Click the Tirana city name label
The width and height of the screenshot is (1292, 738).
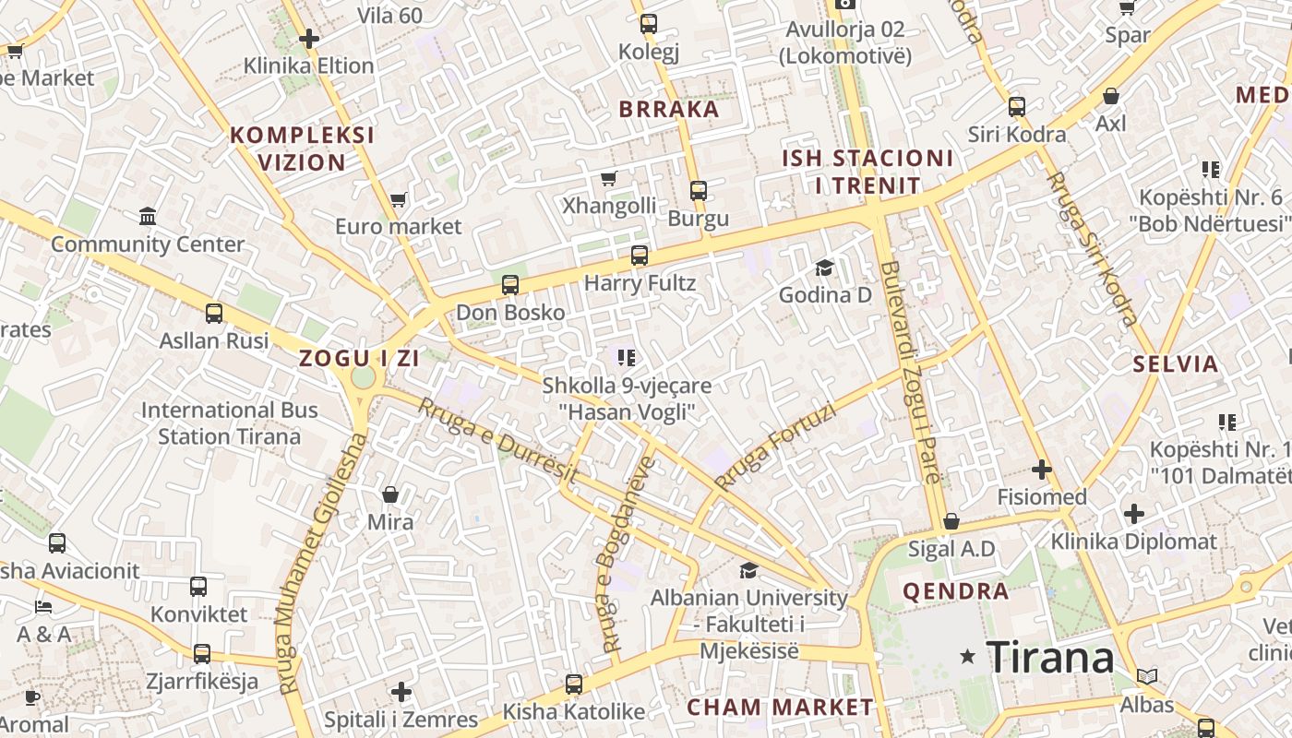point(1050,657)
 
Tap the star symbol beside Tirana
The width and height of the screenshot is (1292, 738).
point(968,657)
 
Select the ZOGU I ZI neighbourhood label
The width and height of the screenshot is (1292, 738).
point(359,359)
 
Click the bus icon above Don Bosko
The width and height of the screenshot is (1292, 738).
point(510,285)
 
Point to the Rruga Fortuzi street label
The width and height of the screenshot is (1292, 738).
point(773,446)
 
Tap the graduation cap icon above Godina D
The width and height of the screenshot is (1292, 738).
point(824,268)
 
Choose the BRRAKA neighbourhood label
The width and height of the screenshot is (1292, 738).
point(668,109)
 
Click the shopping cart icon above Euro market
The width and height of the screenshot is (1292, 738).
point(399,199)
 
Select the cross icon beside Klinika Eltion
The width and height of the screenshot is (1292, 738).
point(309,39)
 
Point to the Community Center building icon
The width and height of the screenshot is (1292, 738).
point(148,217)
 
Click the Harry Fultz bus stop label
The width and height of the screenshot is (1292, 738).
point(640,282)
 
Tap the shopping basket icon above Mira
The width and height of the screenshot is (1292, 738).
point(390,495)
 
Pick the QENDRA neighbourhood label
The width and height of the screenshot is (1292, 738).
point(955,591)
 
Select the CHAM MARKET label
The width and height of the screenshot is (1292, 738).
point(780,708)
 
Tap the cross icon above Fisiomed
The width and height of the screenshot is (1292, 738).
point(1042,470)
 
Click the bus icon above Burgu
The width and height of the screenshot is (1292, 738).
point(699,191)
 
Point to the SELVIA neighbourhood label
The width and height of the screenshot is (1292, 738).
point(1176,363)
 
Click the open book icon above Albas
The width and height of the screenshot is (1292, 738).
point(1147,677)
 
